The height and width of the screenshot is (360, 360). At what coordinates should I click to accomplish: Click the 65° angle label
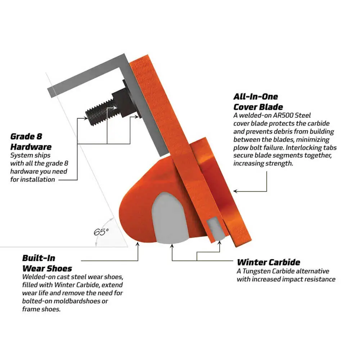tap(101, 232)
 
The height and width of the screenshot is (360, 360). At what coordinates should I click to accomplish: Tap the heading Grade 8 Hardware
tap(31, 141)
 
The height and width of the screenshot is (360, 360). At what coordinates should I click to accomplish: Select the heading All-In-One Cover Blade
tap(258, 102)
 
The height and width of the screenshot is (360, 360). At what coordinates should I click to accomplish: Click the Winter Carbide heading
tap(269, 262)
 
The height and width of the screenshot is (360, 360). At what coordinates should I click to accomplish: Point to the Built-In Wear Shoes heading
tap(47, 264)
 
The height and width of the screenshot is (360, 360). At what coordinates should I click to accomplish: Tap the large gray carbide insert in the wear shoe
tap(170, 218)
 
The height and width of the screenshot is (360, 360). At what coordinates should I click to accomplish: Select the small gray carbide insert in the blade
tap(216, 229)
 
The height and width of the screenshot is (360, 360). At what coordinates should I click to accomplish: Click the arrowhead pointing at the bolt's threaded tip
tap(86, 118)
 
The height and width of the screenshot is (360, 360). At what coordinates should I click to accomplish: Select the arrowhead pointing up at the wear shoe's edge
tap(138, 244)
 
